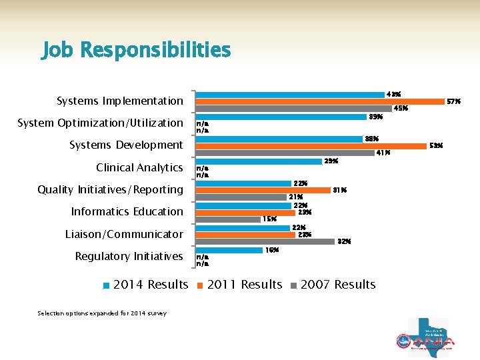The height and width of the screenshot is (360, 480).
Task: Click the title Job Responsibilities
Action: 136,50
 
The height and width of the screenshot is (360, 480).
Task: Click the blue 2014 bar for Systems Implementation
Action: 290,95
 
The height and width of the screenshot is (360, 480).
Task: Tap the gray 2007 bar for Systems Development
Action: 285,153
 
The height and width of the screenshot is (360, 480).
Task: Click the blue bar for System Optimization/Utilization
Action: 281,117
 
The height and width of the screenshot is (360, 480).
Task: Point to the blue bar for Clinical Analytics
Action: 259,161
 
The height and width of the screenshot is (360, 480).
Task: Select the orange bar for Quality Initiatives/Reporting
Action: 263,190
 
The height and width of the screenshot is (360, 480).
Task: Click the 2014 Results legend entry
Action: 146,285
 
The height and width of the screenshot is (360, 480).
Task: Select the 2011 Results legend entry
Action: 239,285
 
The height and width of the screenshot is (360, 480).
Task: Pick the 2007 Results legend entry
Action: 333,285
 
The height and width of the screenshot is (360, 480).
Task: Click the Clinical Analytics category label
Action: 139,167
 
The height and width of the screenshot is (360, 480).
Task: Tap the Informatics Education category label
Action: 127,211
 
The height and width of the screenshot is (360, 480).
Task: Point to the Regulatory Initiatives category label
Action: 129,256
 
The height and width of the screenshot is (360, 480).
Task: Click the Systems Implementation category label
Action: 120,101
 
